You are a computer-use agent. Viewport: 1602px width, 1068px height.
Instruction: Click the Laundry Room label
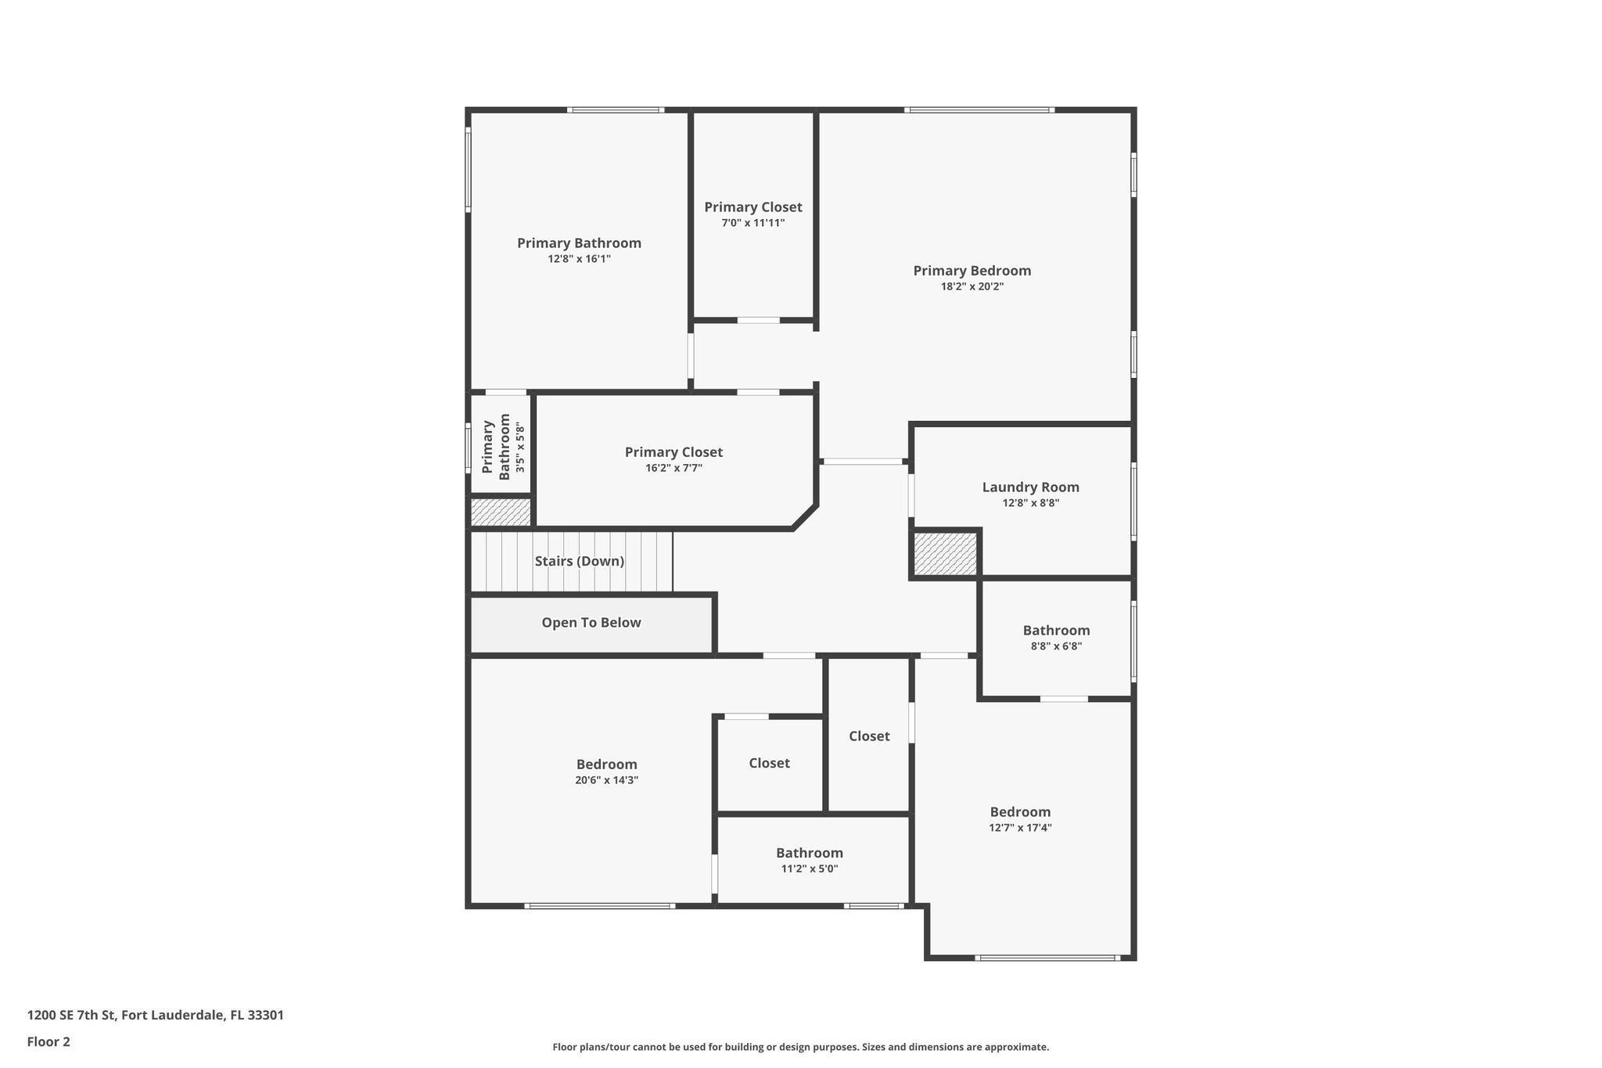(1030, 487)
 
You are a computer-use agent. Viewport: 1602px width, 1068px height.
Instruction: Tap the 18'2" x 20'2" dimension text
(972, 287)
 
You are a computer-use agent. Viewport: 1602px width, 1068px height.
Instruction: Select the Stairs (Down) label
(579, 561)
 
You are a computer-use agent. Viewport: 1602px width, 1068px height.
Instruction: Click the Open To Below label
(591, 623)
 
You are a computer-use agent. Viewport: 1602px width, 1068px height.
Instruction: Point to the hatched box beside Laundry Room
(946, 554)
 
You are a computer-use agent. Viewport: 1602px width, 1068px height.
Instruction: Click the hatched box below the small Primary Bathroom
(501, 512)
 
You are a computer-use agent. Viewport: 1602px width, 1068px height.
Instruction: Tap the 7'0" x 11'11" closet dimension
(753, 224)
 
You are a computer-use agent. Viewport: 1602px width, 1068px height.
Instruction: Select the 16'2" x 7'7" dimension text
(673, 469)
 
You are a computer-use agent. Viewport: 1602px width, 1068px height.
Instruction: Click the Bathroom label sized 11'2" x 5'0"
(809, 853)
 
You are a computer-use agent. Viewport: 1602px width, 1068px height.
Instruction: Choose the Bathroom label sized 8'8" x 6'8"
(1056, 631)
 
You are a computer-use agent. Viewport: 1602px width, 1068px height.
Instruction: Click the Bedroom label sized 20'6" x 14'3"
(606, 764)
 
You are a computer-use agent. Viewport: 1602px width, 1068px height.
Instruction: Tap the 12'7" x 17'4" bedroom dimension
(1020, 828)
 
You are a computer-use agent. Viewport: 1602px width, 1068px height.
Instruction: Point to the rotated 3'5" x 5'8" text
(521, 447)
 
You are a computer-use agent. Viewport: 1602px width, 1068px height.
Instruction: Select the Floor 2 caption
(48, 1041)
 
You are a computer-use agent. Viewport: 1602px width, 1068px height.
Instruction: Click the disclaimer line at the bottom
(800, 1047)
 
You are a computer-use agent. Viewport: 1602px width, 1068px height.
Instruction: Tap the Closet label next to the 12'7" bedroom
(869, 736)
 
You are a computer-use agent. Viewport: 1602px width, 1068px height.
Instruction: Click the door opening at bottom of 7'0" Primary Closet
(758, 320)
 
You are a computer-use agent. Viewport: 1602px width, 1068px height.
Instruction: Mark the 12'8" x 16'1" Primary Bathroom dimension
(579, 259)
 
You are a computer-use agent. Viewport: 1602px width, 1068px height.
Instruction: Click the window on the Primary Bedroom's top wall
(979, 110)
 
